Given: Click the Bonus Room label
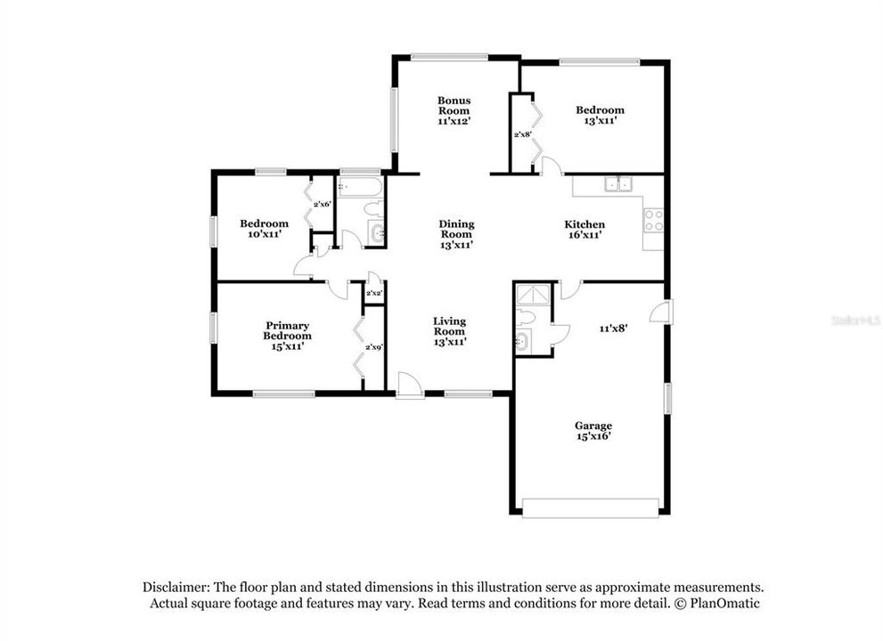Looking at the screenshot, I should point(454,110).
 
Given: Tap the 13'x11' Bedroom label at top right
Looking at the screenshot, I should point(600,115).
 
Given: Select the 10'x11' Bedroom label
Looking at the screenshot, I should point(264,229).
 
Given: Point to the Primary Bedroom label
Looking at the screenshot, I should point(287,331).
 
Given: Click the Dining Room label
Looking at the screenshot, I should point(456,234).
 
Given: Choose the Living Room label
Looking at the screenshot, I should point(449,331).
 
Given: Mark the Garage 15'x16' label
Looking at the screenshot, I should point(593,431).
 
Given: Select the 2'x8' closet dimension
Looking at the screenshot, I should point(522,134).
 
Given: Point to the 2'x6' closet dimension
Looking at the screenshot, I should point(322,205).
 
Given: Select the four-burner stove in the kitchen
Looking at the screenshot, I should point(653,220).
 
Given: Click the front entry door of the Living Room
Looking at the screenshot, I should point(410,386).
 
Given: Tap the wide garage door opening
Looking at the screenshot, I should point(592,508).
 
